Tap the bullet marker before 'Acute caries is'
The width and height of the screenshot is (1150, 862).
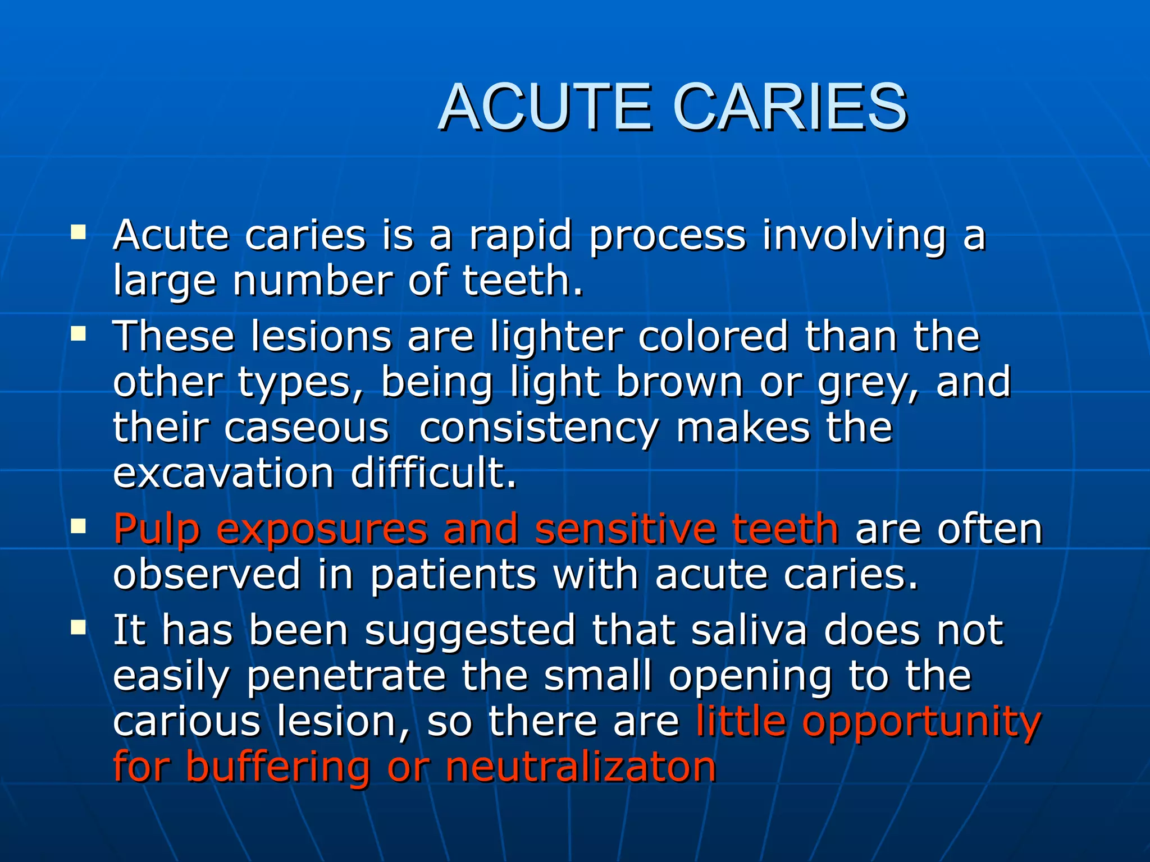(x=79, y=232)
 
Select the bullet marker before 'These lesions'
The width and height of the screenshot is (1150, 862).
(x=79, y=334)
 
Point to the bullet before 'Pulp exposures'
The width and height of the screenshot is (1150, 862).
(x=79, y=526)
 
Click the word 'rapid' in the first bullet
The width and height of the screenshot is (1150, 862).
(x=520, y=236)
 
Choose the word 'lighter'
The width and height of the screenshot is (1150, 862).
(x=556, y=337)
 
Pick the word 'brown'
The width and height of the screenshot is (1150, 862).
(x=679, y=382)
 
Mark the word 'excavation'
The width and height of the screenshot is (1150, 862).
(x=223, y=473)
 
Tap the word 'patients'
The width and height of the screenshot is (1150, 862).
(x=453, y=575)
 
